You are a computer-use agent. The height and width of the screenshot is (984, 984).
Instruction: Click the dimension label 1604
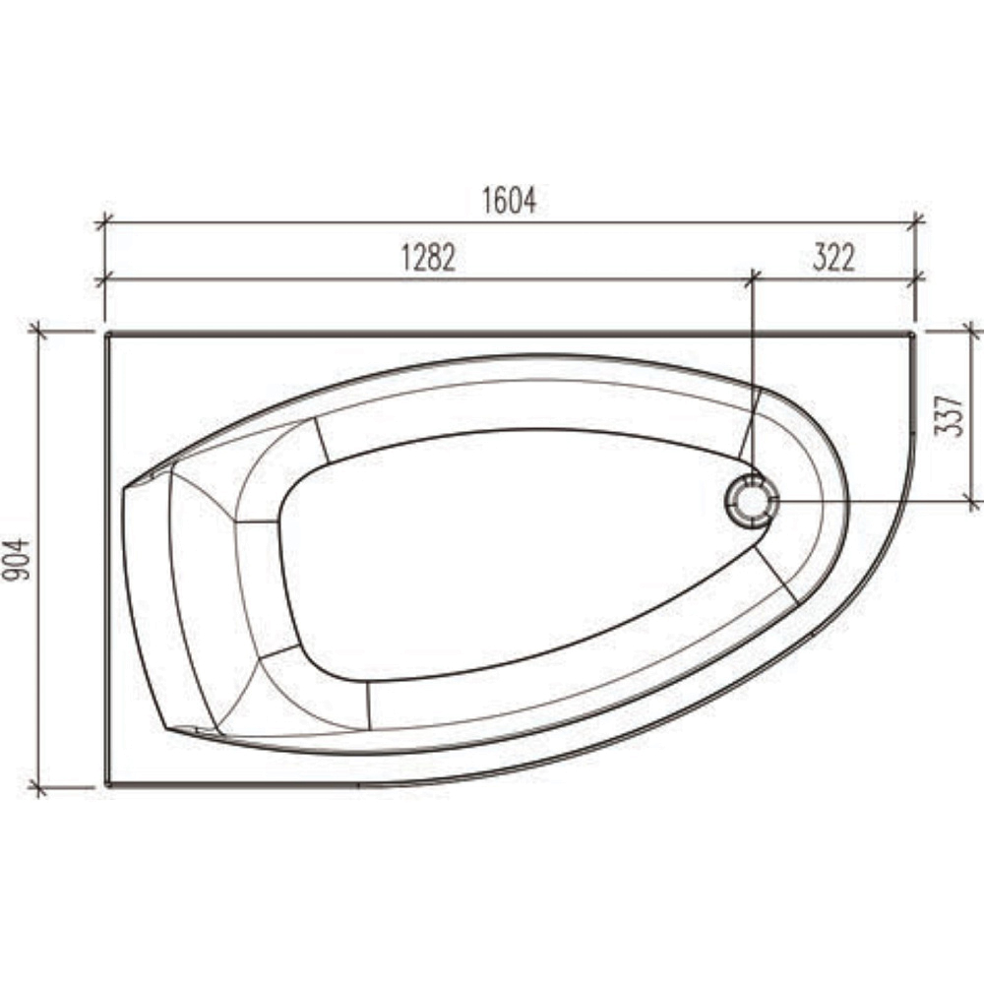[x=509, y=201]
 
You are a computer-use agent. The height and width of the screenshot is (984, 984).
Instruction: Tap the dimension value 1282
[x=429, y=257]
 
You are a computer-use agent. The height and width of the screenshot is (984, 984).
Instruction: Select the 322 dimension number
[x=834, y=257]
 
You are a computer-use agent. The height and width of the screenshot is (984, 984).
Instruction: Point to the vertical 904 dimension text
[x=17, y=559]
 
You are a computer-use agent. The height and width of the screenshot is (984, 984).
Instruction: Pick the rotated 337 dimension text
[x=949, y=415]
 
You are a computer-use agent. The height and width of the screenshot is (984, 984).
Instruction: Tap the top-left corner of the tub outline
[x=106, y=334]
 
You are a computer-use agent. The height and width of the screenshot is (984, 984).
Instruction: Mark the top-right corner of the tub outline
[x=913, y=334]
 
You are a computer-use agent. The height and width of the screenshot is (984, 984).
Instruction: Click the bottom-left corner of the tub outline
[x=106, y=784]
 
